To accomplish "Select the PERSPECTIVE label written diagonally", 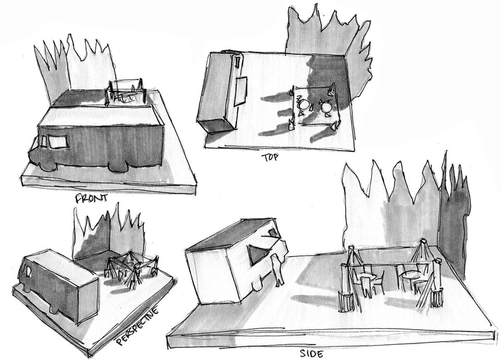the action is (137, 327).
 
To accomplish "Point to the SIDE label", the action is (312, 354).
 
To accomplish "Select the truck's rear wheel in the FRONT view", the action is (121, 166).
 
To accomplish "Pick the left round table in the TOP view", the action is (303, 105).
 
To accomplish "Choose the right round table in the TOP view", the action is (326, 107).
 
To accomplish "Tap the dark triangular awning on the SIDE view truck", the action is (256, 254).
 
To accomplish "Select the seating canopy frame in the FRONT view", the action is (125, 92).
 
